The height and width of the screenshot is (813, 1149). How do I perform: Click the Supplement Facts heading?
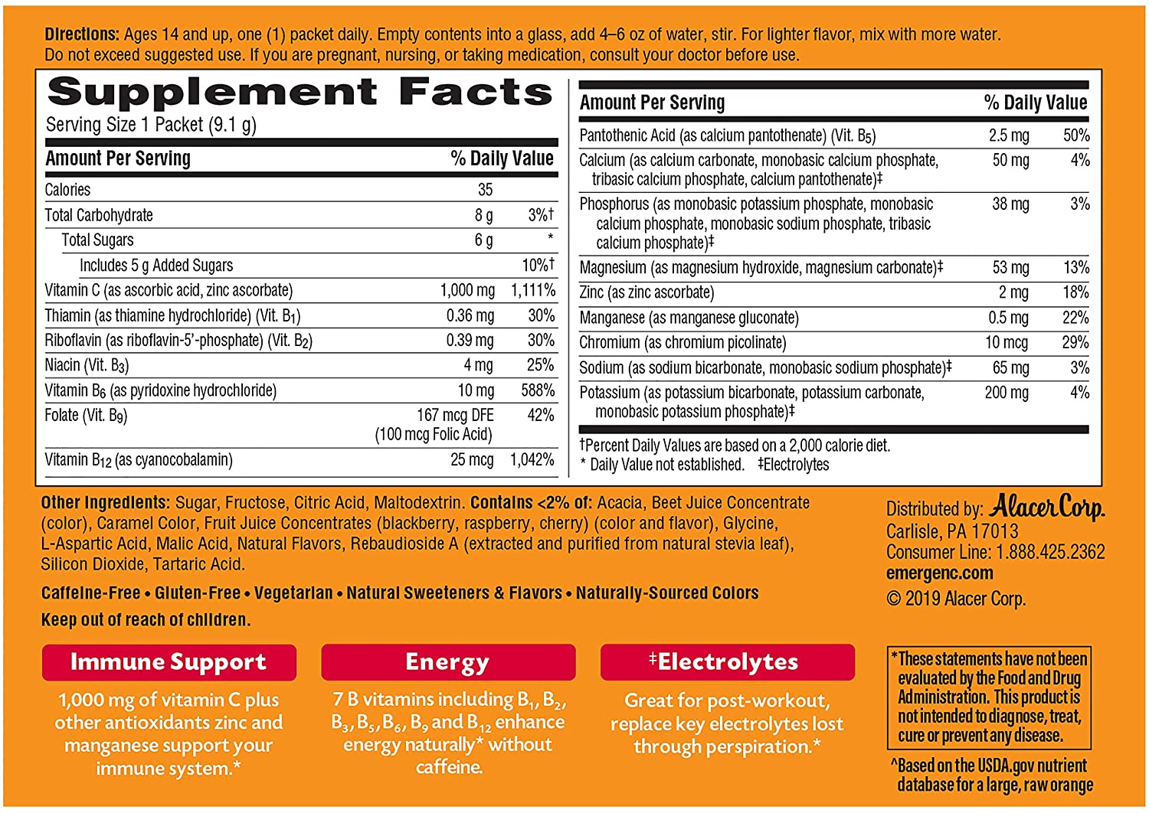[x=300, y=93]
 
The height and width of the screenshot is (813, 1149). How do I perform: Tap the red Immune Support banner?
[x=169, y=662]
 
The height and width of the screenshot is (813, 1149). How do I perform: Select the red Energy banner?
[x=447, y=662]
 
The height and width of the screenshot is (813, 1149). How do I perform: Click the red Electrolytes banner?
[x=727, y=662]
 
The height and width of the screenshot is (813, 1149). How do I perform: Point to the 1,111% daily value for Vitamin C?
[x=533, y=291]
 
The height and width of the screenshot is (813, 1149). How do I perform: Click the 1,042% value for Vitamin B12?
[x=532, y=460]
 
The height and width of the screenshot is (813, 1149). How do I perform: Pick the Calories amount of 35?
[x=485, y=190]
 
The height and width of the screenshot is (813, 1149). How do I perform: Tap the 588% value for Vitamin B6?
[x=538, y=390]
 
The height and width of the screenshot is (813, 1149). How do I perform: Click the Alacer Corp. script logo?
[x=1047, y=508]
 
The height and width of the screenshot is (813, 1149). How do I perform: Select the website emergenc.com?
[x=939, y=573]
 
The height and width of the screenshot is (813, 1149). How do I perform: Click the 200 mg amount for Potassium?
[x=1007, y=393]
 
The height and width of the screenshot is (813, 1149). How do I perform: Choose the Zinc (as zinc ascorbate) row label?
[x=647, y=292]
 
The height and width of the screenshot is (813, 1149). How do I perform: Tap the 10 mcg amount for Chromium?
[x=1007, y=343]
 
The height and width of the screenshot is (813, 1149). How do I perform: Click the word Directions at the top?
[x=81, y=34]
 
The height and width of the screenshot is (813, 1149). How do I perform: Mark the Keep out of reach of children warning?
[x=146, y=620]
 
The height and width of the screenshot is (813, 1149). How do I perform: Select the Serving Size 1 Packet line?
[x=151, y=125]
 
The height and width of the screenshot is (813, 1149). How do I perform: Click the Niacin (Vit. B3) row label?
[x=87, y=366]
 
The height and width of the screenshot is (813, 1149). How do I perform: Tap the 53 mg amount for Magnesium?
[x=1010, y=268]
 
